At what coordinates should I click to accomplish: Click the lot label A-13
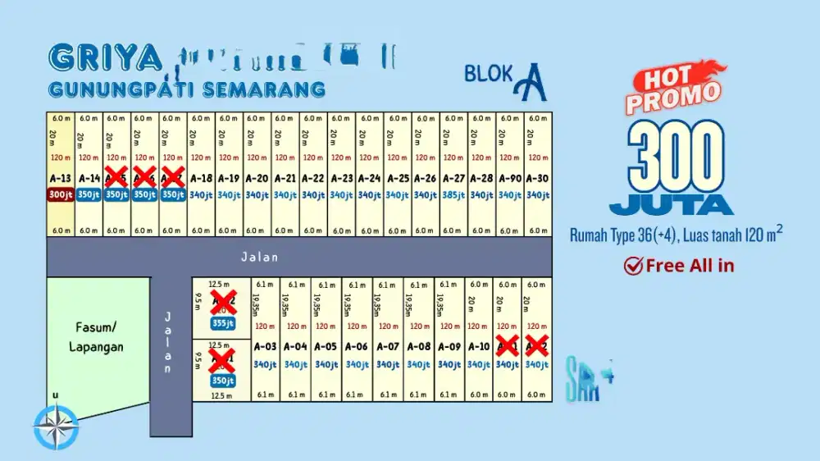coord(61,179)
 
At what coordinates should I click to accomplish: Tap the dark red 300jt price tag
coord(61,195)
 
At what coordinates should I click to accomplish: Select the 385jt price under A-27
coord(453,195)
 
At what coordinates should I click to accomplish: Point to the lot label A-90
coord(509,179)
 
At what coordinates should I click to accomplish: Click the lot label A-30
coord(537,179)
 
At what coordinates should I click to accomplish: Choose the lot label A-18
coord(201,179)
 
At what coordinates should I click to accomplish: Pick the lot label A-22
coord(313,179)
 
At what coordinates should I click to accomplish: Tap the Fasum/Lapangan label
coord(97,336)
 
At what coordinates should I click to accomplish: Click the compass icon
coord(54,427)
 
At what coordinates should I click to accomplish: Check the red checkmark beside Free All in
coord(633,265)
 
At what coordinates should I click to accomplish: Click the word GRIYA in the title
coord(105,57)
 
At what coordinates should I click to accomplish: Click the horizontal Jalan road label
coord(259,258)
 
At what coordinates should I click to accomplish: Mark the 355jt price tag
coord(222,323)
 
